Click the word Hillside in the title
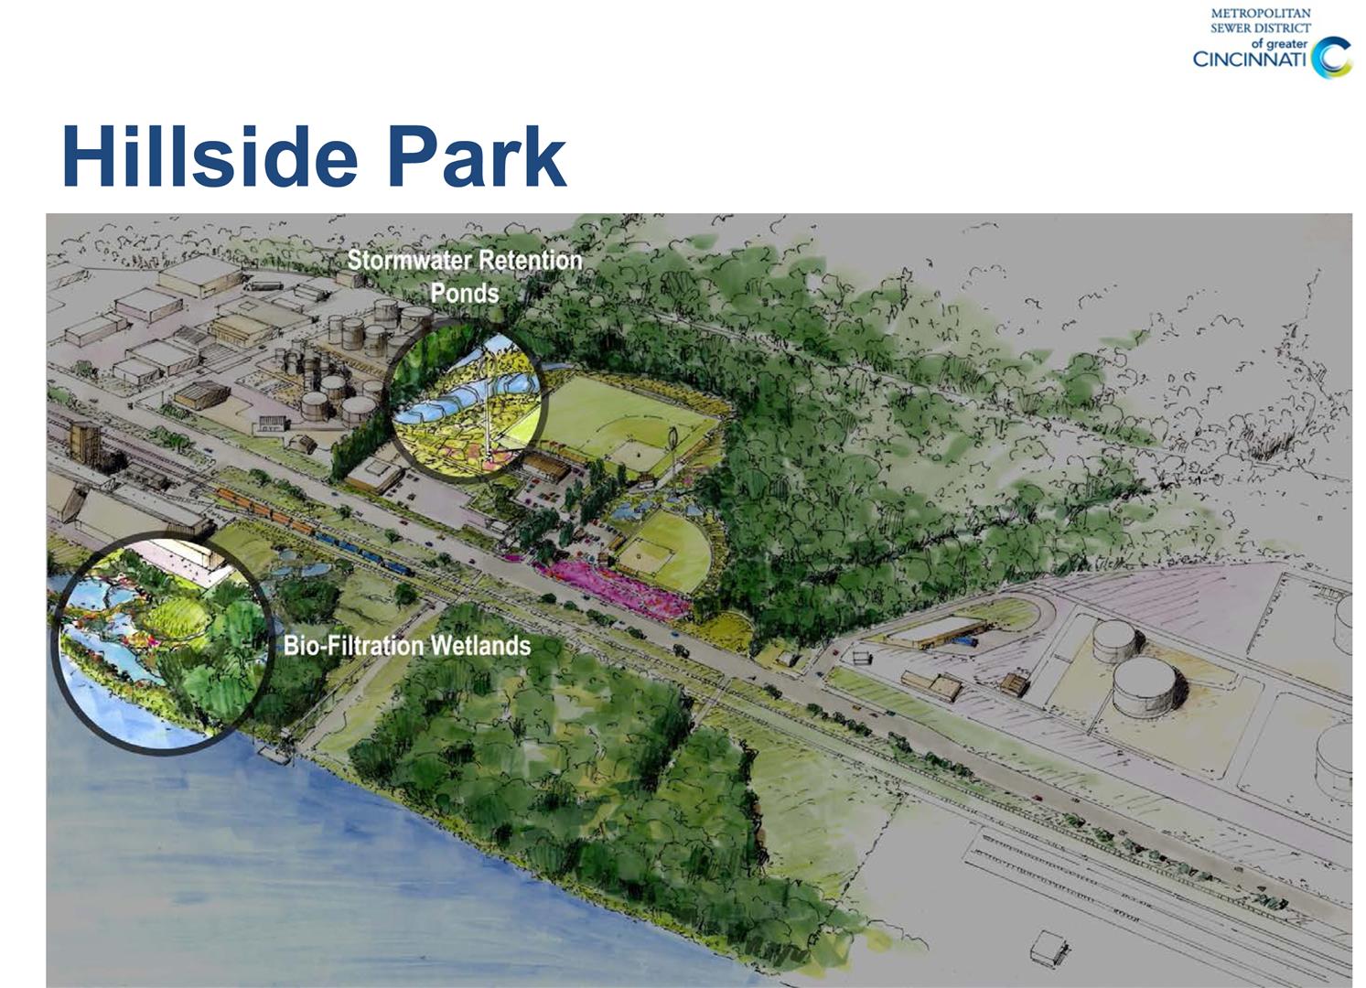click(210, 156)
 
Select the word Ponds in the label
click(465, 294)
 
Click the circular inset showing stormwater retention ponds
click(466, 400)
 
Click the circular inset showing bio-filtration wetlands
click(162, 644)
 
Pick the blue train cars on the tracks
click(366, 553)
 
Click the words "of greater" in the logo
click(1279, 44)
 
